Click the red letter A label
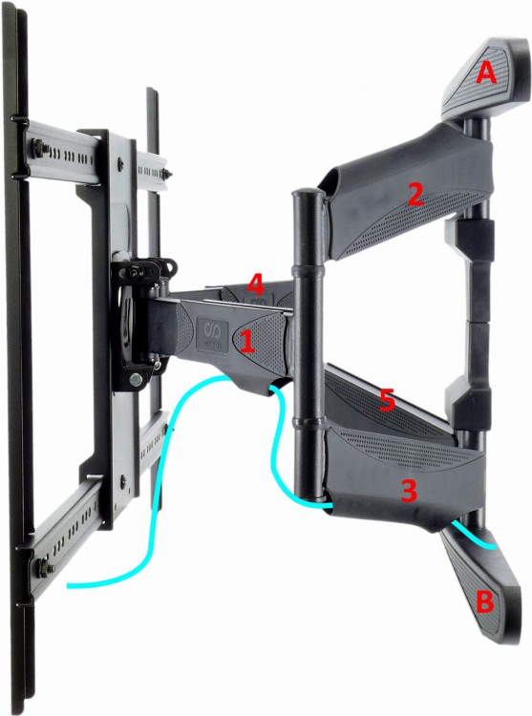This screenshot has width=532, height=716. tap(486, 74)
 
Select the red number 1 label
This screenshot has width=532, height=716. tap(246, 342)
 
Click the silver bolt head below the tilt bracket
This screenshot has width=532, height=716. tap(136, 379)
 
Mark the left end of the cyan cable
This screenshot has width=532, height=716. tap(68, 585)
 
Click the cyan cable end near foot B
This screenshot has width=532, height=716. tap(495, 546)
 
